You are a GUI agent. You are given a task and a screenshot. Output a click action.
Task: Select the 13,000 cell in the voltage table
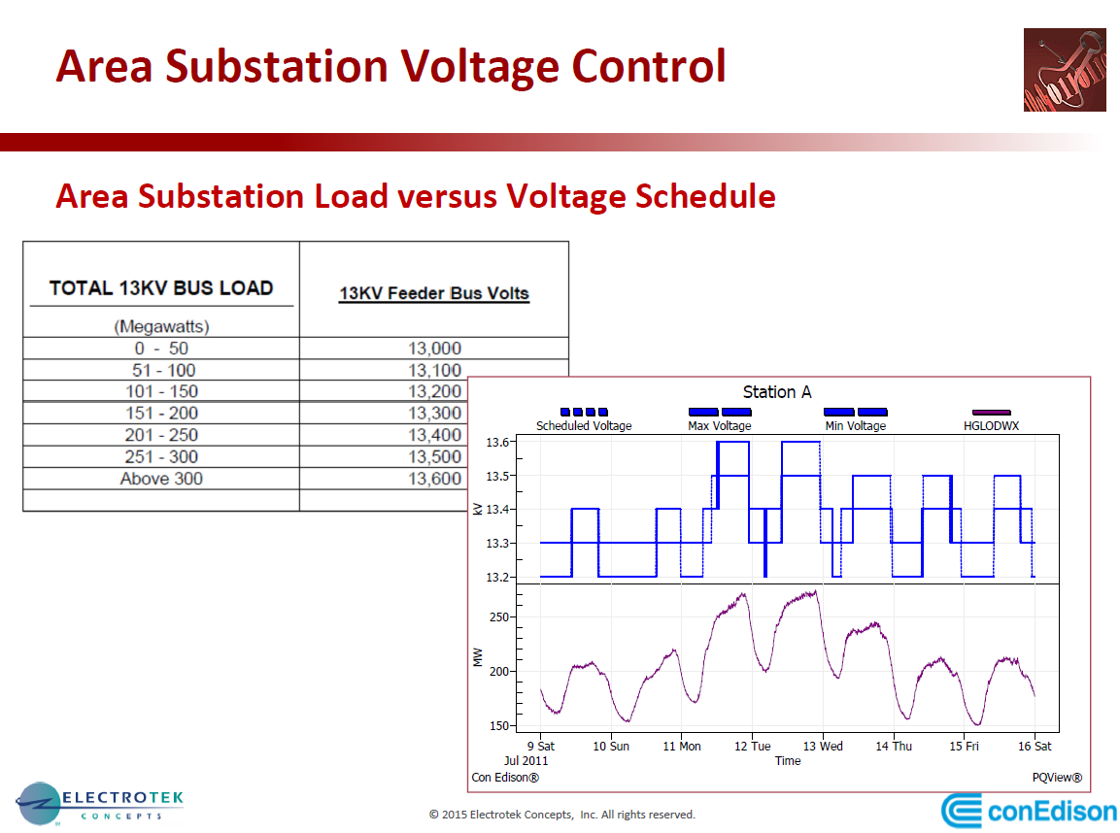tap(434, 349)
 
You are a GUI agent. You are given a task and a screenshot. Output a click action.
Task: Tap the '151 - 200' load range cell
tap(161, 414)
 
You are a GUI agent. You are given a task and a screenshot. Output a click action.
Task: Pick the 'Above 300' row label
tap(161, 479)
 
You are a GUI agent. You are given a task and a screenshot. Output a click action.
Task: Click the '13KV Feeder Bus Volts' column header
tap(434, 293)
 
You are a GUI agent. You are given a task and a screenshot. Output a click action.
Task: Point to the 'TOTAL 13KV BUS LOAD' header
tap(161, 287)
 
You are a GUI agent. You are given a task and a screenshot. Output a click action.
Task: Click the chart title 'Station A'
tap(777, 392)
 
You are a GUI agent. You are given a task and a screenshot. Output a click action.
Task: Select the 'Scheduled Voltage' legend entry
tap(584, 425)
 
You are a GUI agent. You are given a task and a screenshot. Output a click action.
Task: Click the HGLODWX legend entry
tap(991, 425)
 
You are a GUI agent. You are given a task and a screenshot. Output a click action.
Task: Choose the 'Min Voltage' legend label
tap(856, 425)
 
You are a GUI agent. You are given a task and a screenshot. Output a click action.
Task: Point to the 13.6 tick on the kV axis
tap(498, 443)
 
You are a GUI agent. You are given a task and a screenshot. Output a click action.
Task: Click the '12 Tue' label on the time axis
tap(753, 747)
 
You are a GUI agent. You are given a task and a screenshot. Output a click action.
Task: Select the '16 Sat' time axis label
tap(1035, 747)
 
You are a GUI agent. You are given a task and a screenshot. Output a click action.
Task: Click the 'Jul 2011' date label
tap(527, 761)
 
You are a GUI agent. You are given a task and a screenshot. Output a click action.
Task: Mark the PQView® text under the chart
tap(1056, 778)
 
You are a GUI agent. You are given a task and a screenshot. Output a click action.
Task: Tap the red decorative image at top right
tap(1064, 70)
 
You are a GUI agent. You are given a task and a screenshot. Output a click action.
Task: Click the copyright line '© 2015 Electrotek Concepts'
tap(562, 815)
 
